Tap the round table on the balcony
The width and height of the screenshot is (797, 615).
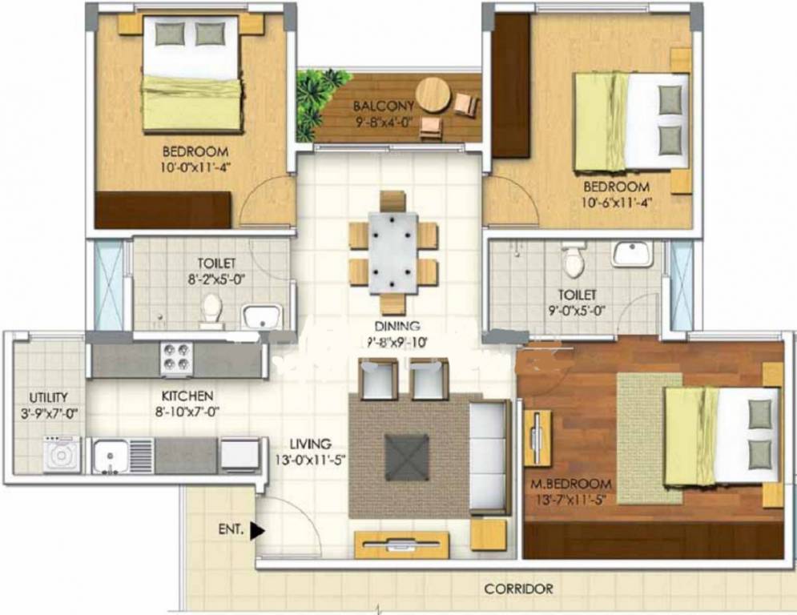pyautogui.click(x=434, y=94)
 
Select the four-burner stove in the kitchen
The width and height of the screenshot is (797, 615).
pyautogui.click(x=176, y=358)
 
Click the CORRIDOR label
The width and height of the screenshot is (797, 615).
pyautogui.click(x=518, y=589)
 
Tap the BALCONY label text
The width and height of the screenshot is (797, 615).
pyautogui.click(x=384, y=106)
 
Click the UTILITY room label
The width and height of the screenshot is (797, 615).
pyautogui.click(x=48, y=396)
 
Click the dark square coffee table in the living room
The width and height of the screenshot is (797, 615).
pyautogui.click(x=408, y=456)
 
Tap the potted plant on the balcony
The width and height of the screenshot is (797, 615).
pyautogui.click(x=320, y=96)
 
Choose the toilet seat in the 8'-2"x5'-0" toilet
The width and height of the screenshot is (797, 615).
pyautogui.click(x=211, y=308)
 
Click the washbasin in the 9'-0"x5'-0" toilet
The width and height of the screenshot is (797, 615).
pyautogui.click(x=632, y=254)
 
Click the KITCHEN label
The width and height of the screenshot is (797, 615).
pyautogui.click(x=187, y=396)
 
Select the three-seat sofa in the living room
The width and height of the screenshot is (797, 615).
pyautogui.click(x=489, y=456)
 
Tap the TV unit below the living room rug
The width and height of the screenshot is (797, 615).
pyautogui.click(x=401, y=545)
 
